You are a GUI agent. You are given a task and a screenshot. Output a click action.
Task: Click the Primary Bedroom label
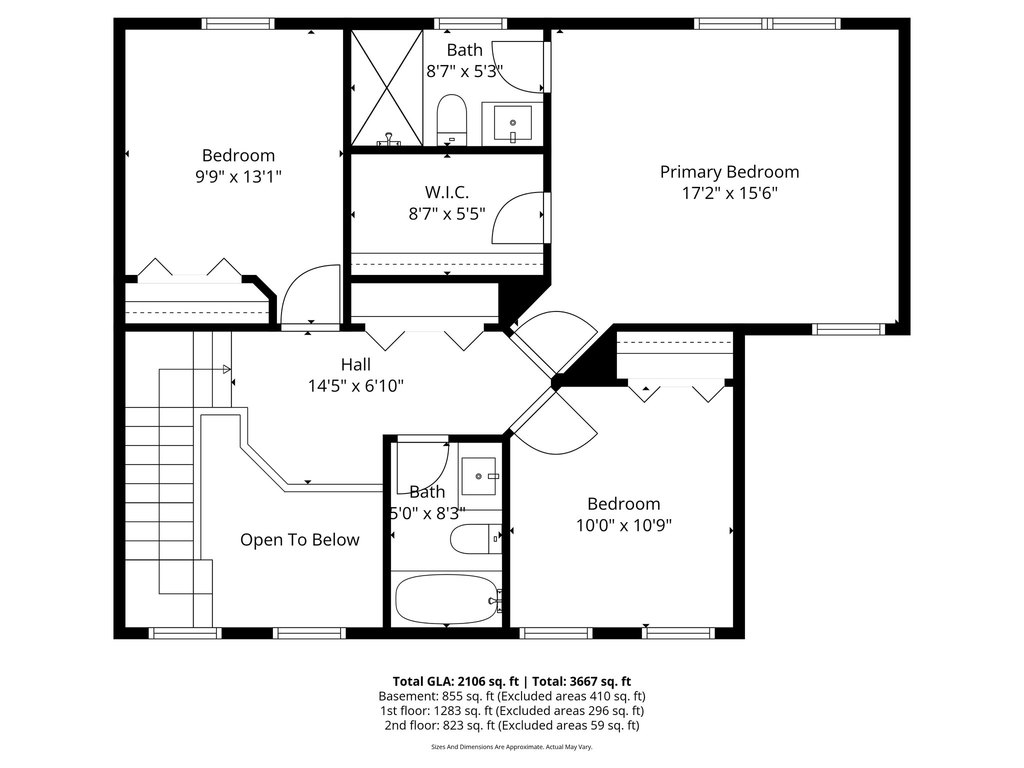[x=729, y=172]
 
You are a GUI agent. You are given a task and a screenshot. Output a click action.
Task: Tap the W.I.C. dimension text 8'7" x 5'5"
[x=447, y=214]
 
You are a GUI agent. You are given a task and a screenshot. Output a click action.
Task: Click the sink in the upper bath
[x=512, y=123]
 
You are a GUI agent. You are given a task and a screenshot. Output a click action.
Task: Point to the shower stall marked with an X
[x=386, y=87]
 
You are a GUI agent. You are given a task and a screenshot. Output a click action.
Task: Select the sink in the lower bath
[x=478, y=476]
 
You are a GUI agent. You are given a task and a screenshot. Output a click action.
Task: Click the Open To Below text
[x=299, y=540]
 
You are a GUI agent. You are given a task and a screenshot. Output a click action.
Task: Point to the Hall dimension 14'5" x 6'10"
[x=355, y=386]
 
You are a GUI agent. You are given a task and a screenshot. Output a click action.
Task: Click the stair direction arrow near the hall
[x=226, y=369]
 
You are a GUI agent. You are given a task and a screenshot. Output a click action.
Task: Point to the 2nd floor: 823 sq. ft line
[x=511, y=725]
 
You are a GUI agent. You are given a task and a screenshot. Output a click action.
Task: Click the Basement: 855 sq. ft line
[x=511, y=696]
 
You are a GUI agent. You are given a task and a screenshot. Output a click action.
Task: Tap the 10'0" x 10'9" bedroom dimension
[x=623, y=525]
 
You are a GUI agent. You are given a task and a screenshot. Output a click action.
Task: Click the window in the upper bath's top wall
[x=470, y=23]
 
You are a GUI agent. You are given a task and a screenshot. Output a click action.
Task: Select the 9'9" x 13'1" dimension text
[x=238, y=177]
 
